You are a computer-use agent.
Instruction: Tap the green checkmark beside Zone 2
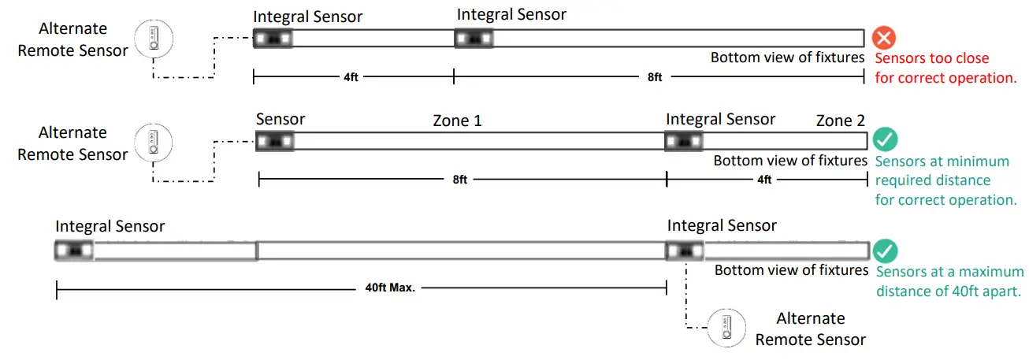point(885,140)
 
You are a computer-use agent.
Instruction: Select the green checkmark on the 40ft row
point(885,251)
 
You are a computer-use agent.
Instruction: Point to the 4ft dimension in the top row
point(353,77)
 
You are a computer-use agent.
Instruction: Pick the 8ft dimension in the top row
point(654,77)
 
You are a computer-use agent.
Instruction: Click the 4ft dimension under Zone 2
point(763,180)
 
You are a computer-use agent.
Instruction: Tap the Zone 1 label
point(457,121)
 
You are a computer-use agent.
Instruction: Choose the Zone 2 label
point(840,121)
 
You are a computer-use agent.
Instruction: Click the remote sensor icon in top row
point(154,39)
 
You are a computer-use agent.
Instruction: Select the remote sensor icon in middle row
point(154,143)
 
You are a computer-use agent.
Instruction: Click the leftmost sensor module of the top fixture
point(273,38)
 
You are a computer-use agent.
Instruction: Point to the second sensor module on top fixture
point(474,38)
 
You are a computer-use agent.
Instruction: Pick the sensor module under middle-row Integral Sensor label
point(683,141)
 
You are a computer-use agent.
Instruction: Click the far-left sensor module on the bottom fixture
point(74,251)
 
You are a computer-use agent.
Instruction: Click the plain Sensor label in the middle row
point(280,119)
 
